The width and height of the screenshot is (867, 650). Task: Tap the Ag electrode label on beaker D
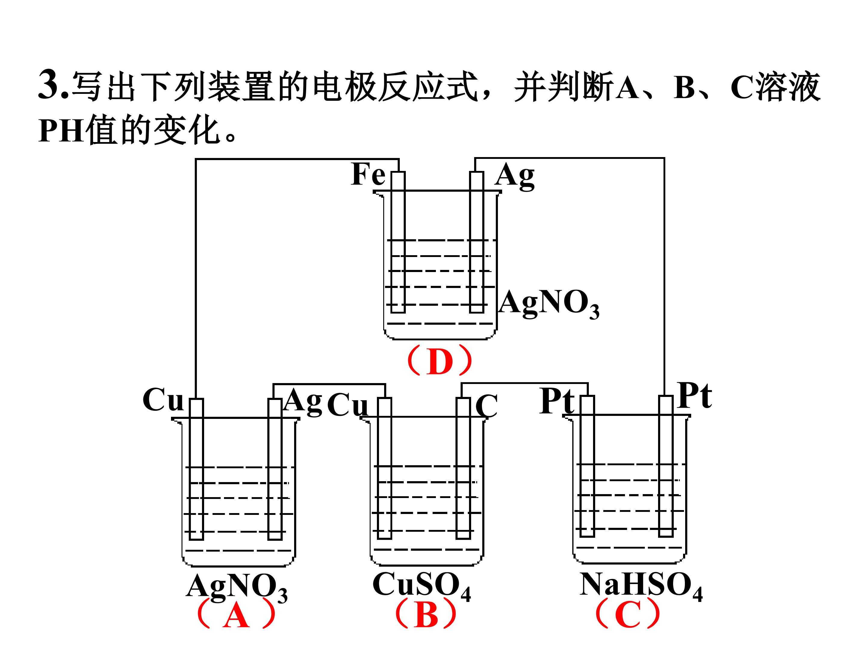click(515, 177)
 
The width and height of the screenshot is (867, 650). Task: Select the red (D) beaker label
click(440, 361)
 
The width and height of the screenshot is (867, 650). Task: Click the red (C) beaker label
click(627, 614)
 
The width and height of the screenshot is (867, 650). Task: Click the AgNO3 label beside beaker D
click(549, 304)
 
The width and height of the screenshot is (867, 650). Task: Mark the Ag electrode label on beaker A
click(303, 402)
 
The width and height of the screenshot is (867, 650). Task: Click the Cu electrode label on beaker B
click(348, 405)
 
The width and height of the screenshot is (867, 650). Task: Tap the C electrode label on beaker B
click(486, 406)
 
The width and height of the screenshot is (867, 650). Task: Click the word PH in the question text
click(61, 131)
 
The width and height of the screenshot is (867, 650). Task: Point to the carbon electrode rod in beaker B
click(464, 468)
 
